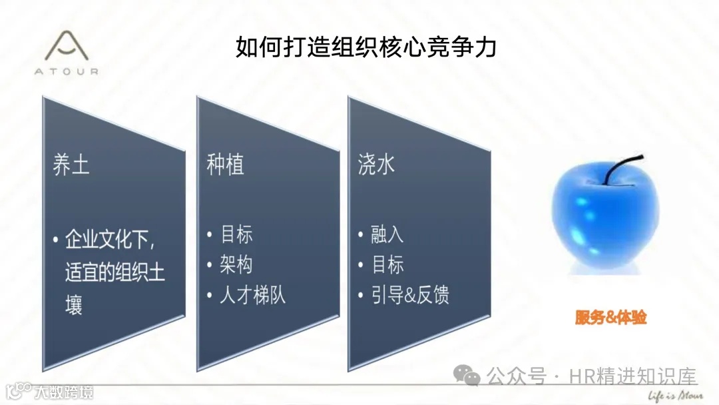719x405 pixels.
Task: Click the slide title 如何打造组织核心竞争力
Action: point(365,47)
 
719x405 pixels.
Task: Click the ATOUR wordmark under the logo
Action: point(67,71)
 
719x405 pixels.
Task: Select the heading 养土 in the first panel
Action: point(71,164)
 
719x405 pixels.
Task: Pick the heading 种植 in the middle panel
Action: point(225,165)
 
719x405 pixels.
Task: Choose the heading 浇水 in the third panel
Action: point(377,165)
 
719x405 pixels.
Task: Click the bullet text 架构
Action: point(236,264)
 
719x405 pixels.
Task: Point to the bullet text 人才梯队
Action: point(252,294)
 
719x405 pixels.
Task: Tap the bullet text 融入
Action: point(387,234)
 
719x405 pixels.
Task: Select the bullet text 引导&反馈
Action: point(410,294)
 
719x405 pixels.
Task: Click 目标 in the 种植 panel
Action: point(236,234)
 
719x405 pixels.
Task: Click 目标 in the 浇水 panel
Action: point(387,264)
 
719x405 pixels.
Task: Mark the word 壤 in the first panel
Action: point(74,306)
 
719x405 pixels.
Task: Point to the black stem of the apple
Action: point(630,167)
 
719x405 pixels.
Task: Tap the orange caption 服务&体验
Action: point(610,318)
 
